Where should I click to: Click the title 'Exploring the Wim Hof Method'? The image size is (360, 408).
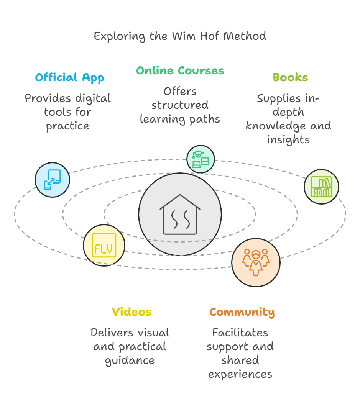[180, 36]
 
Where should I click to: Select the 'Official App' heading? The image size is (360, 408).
[69, 78]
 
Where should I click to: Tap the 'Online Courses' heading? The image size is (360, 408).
[180, 71]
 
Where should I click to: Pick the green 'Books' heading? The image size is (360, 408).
[290, 78]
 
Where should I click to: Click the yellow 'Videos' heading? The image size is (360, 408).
[132, 312]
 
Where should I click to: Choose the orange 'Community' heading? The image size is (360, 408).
[242, 312]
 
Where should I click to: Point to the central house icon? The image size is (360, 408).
[180, 214]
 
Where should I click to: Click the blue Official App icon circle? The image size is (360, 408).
[53, 180]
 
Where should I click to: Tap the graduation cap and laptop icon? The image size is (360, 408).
[201, 159]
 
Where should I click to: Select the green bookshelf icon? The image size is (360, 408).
[321, 187]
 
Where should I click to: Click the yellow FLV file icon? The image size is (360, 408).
[104, 245]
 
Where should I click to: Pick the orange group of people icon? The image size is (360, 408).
[256, 262]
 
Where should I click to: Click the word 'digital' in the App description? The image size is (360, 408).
[92, 98]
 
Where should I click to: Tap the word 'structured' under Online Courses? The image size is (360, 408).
[180, 105]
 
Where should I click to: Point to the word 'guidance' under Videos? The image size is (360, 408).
[130, 360]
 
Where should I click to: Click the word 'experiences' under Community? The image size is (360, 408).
[240, 374]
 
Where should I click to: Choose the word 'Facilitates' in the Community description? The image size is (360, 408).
[240, 333]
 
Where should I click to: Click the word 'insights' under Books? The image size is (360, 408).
[288, 140]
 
